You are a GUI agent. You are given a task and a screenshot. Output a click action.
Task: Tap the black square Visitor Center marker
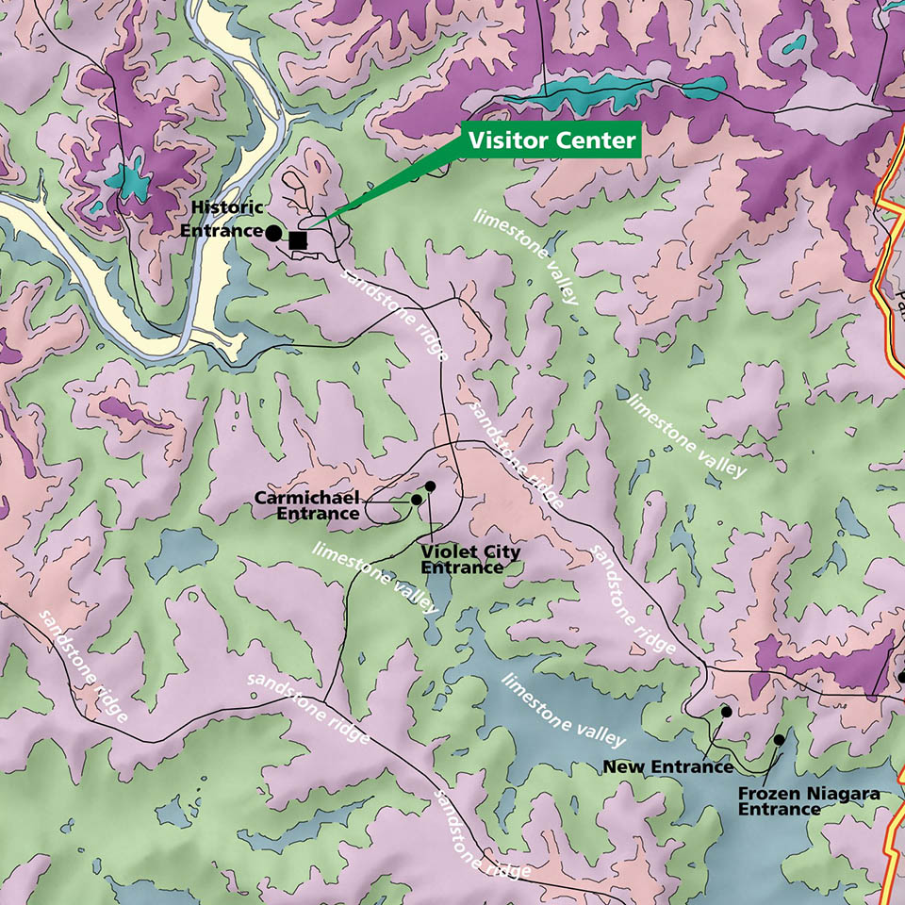[298, 240]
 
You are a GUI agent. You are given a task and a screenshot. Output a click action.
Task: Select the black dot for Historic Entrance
[272, 232]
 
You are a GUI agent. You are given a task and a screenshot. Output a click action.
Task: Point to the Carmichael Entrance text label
[306, 505]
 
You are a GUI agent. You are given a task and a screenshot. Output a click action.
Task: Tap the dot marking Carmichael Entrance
[416, 500]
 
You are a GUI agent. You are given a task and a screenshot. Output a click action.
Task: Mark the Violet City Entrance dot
[430, 486]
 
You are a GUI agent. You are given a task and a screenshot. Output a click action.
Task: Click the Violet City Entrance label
[469, 559]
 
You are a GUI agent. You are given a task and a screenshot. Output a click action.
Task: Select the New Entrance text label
[667, 766]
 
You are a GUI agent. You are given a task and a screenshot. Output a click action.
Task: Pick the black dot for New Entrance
[726, 712]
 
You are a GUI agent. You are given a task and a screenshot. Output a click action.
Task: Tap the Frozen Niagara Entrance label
[808, 801]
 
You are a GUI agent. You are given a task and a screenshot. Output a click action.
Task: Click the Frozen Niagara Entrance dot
[779, 740]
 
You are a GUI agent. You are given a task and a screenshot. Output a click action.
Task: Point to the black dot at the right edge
[900, 677]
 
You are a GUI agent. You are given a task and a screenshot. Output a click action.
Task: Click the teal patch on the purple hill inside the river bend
[128, 179]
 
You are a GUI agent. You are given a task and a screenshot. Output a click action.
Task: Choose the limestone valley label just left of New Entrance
[563, 708]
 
